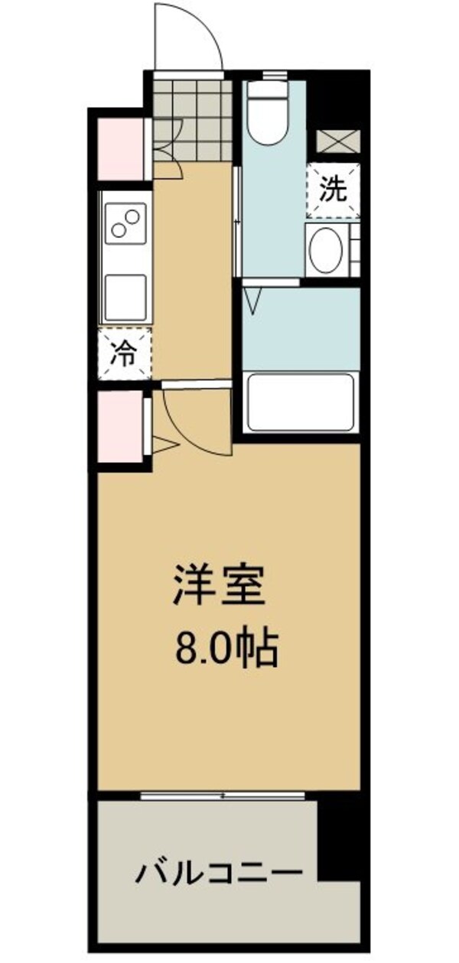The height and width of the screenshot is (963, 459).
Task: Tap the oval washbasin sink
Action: tap(327, 249)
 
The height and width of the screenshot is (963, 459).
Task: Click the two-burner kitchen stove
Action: tap(126, 222)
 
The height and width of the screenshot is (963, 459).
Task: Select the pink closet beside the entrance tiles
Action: tap(119, 149)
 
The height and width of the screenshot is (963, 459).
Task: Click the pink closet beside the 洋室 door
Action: tap(119, 427)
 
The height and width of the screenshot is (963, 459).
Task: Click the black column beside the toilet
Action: tap(337, 99)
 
